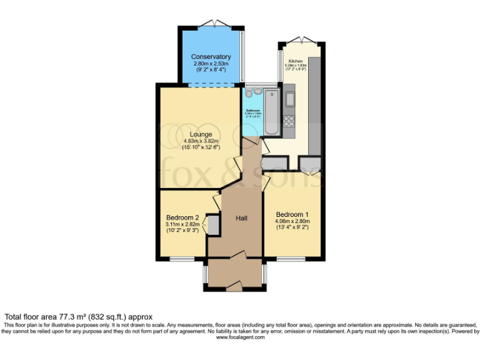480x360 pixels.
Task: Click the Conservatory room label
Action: click(x=211, y=57)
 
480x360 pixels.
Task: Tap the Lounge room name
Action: click(x=201, y=134)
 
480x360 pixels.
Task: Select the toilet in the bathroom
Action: click(x=249, y=93)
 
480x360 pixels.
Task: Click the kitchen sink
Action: click(x=289, y=99)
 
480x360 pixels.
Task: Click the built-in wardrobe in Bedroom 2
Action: click(x=214, y=225)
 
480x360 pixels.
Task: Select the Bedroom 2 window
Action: click(x=182, y=259)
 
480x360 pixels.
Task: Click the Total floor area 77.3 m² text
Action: click(x=78, y=317)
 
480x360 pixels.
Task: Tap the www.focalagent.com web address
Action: click(x=240, y=337)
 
